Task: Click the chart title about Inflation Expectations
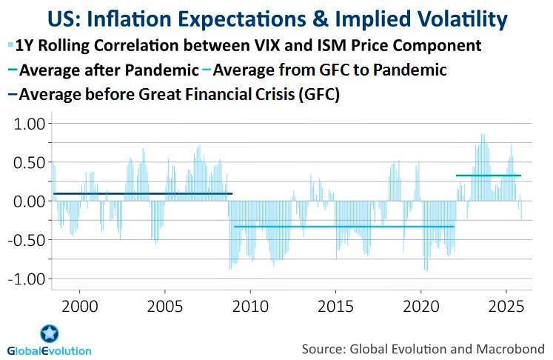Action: [x=276, y=18]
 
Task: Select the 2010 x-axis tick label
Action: [x=250, y=304]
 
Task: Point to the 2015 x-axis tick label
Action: [x=336, y=304]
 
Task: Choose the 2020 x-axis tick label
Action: [x=421, y=304]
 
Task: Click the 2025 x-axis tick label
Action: [x=507, y=304]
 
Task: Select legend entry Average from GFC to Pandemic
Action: [x=325, y=70]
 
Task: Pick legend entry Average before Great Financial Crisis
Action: [x=178, y=95]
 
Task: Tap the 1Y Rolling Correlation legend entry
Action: [x=244, y=46]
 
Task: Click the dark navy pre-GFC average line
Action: [x=141, y=194]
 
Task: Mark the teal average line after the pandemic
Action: [x=488, y=176]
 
